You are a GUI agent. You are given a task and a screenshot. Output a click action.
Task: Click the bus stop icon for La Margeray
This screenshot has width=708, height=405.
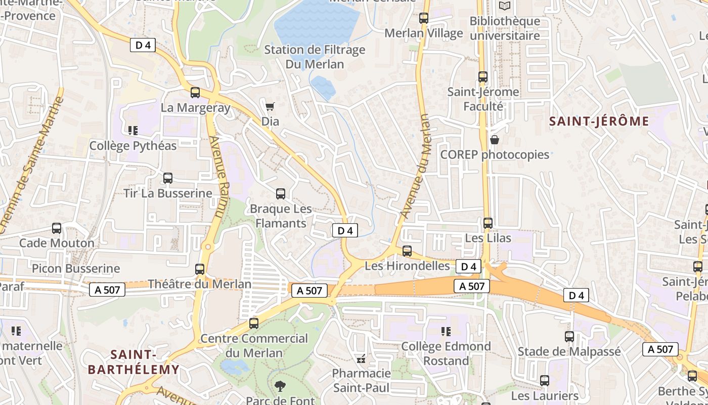195,93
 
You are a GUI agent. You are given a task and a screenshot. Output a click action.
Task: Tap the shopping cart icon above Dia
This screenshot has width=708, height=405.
270,106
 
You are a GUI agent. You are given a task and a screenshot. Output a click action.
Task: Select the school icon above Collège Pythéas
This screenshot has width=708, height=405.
133,131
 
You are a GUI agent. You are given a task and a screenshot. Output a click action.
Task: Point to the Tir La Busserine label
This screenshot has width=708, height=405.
168,193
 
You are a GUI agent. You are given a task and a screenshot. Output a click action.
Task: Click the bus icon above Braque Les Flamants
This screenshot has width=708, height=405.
280,194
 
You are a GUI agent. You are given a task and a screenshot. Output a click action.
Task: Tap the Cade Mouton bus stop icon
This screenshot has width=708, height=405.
57,228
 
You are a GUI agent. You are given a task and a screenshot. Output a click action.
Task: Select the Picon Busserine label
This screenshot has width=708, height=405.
76,268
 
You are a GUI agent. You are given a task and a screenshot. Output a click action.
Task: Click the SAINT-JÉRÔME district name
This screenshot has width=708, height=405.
599,121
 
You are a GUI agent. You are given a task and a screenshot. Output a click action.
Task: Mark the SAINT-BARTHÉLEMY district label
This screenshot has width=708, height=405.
134,362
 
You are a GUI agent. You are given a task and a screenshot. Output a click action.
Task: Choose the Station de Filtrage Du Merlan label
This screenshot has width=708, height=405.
315,57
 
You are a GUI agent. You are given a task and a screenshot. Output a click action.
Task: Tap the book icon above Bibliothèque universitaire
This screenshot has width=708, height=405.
505,6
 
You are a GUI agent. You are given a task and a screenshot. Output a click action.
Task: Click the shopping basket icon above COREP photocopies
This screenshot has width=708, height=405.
495,140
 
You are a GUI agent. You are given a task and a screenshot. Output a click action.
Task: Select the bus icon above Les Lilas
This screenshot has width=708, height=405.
488,223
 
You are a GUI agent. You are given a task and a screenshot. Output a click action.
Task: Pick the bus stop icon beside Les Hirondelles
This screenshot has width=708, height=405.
407,251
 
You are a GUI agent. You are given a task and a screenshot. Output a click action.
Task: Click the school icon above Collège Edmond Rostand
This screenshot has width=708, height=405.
446,332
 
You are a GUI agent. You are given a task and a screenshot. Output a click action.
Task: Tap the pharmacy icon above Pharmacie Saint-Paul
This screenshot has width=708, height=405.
361,359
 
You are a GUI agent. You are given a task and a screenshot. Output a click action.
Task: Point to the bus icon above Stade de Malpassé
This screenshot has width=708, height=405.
569,337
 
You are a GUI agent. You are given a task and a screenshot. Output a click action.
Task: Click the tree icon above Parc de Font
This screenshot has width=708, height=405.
280,387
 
